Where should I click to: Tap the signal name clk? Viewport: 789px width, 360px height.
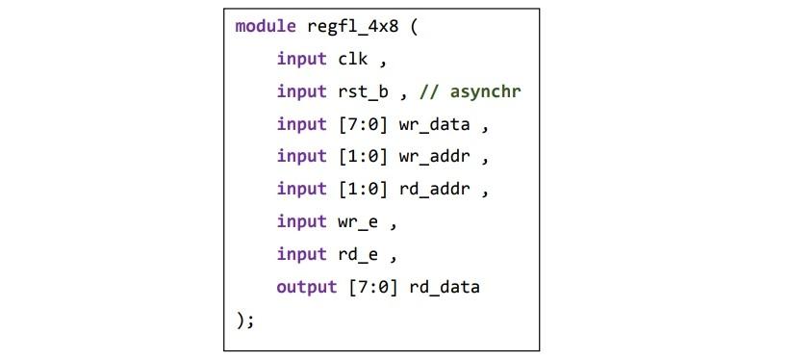(352, 59)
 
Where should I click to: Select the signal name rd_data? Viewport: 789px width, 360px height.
(445, 288)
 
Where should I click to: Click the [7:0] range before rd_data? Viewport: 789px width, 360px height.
(378, 288)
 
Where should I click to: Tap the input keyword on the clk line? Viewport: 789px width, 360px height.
(301, 59)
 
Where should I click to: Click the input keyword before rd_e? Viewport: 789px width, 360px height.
(301, 255)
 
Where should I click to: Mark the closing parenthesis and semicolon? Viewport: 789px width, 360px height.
(244, 321)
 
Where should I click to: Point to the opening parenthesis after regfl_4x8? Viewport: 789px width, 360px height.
(414, 26)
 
